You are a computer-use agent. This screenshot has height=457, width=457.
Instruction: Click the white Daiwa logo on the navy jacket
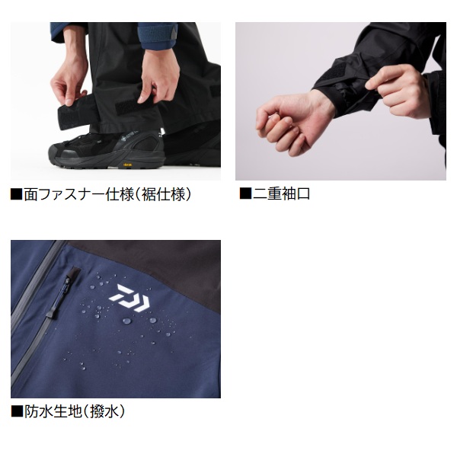(x=129, y=297)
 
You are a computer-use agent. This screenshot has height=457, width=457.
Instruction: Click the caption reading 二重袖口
(x=281, y=193)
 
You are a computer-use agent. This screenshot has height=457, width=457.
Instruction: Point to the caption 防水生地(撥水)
(x=75, y=411)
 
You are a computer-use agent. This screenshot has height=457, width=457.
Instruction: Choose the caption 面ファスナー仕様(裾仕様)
(x=107, y=194)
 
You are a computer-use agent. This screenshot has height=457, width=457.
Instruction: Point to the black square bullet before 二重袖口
(x=245, y=193)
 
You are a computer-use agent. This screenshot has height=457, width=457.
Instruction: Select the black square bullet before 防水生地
(x=17, y=411)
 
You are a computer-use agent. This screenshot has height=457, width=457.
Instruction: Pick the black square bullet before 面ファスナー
(x=17, y=194)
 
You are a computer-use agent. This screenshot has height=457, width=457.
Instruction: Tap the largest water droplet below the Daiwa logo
(x=126, y=321)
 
